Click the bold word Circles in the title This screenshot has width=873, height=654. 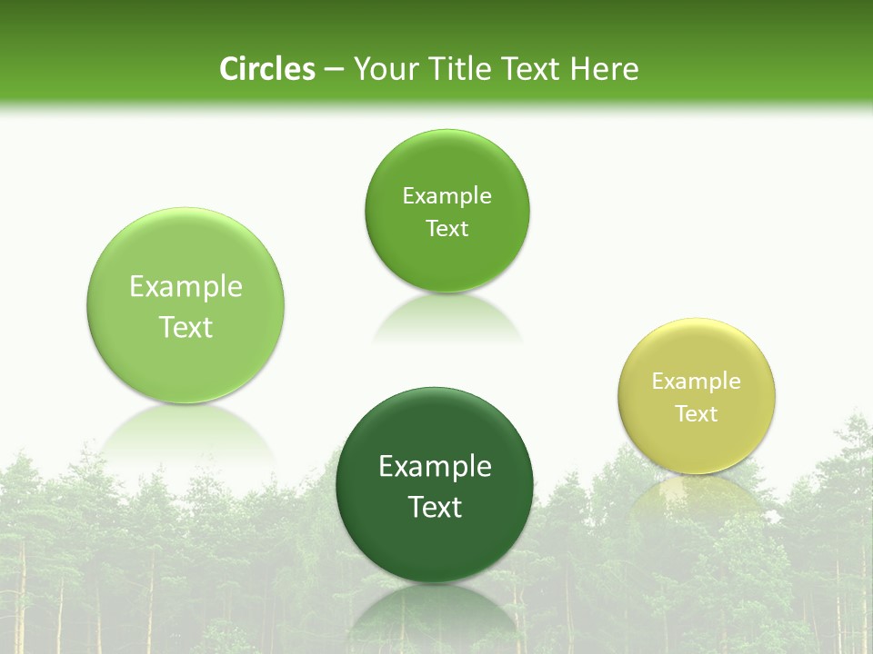tap(266, 69)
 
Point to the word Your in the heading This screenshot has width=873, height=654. tap(383, 69)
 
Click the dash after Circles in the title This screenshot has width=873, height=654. tap(334, 70)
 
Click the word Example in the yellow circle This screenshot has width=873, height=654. tap(697, 381)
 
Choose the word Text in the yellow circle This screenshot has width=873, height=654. tap(697, 414)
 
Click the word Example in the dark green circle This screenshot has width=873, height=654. tap(435, 467)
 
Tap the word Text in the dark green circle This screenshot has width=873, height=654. tap(435, 507)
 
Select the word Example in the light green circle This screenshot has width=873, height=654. tap(186, 287)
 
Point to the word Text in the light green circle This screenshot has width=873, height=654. tap(186, 327)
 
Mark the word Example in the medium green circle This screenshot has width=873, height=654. tap(447, 196)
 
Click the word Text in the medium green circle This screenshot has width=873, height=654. tap(447, 229)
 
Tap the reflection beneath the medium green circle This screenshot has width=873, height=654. tap(447, 318)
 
